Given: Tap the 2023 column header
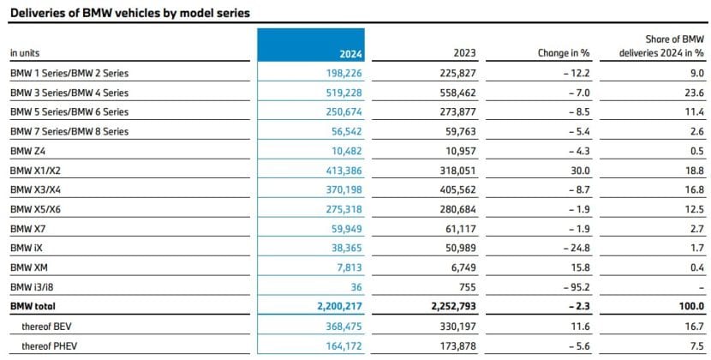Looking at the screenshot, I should pyautogui.click(x=466, y=53).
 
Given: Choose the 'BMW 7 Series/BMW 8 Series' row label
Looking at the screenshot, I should pyautogui.click(x=69, y=130).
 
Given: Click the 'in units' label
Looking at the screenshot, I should pyautogui.click(x=25, y=53).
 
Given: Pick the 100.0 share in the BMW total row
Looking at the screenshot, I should pyautogui.click(x=690, y=306).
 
